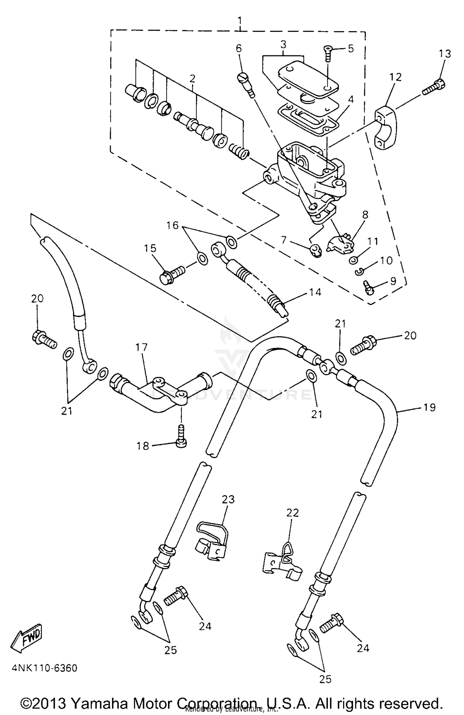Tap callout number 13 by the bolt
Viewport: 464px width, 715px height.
point(445,54)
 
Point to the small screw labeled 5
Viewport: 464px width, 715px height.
point(328,54)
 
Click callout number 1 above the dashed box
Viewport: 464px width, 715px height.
point(240,21)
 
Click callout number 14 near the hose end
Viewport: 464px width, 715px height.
point(315,292)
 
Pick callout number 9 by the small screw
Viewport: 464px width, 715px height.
point(393,281)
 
